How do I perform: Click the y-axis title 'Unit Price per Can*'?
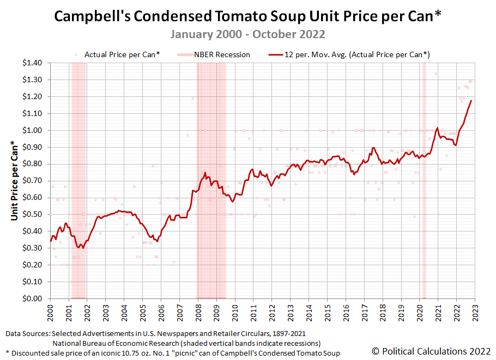tap(15, 181)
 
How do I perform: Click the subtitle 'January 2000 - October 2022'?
tap(248, 34)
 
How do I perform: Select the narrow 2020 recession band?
tap(424, 180)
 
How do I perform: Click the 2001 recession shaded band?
tap(78, 180)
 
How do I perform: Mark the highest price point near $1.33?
tap(435, 74)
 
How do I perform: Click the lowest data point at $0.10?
tap(71, 282)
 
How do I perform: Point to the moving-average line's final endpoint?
tap(471, 100)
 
